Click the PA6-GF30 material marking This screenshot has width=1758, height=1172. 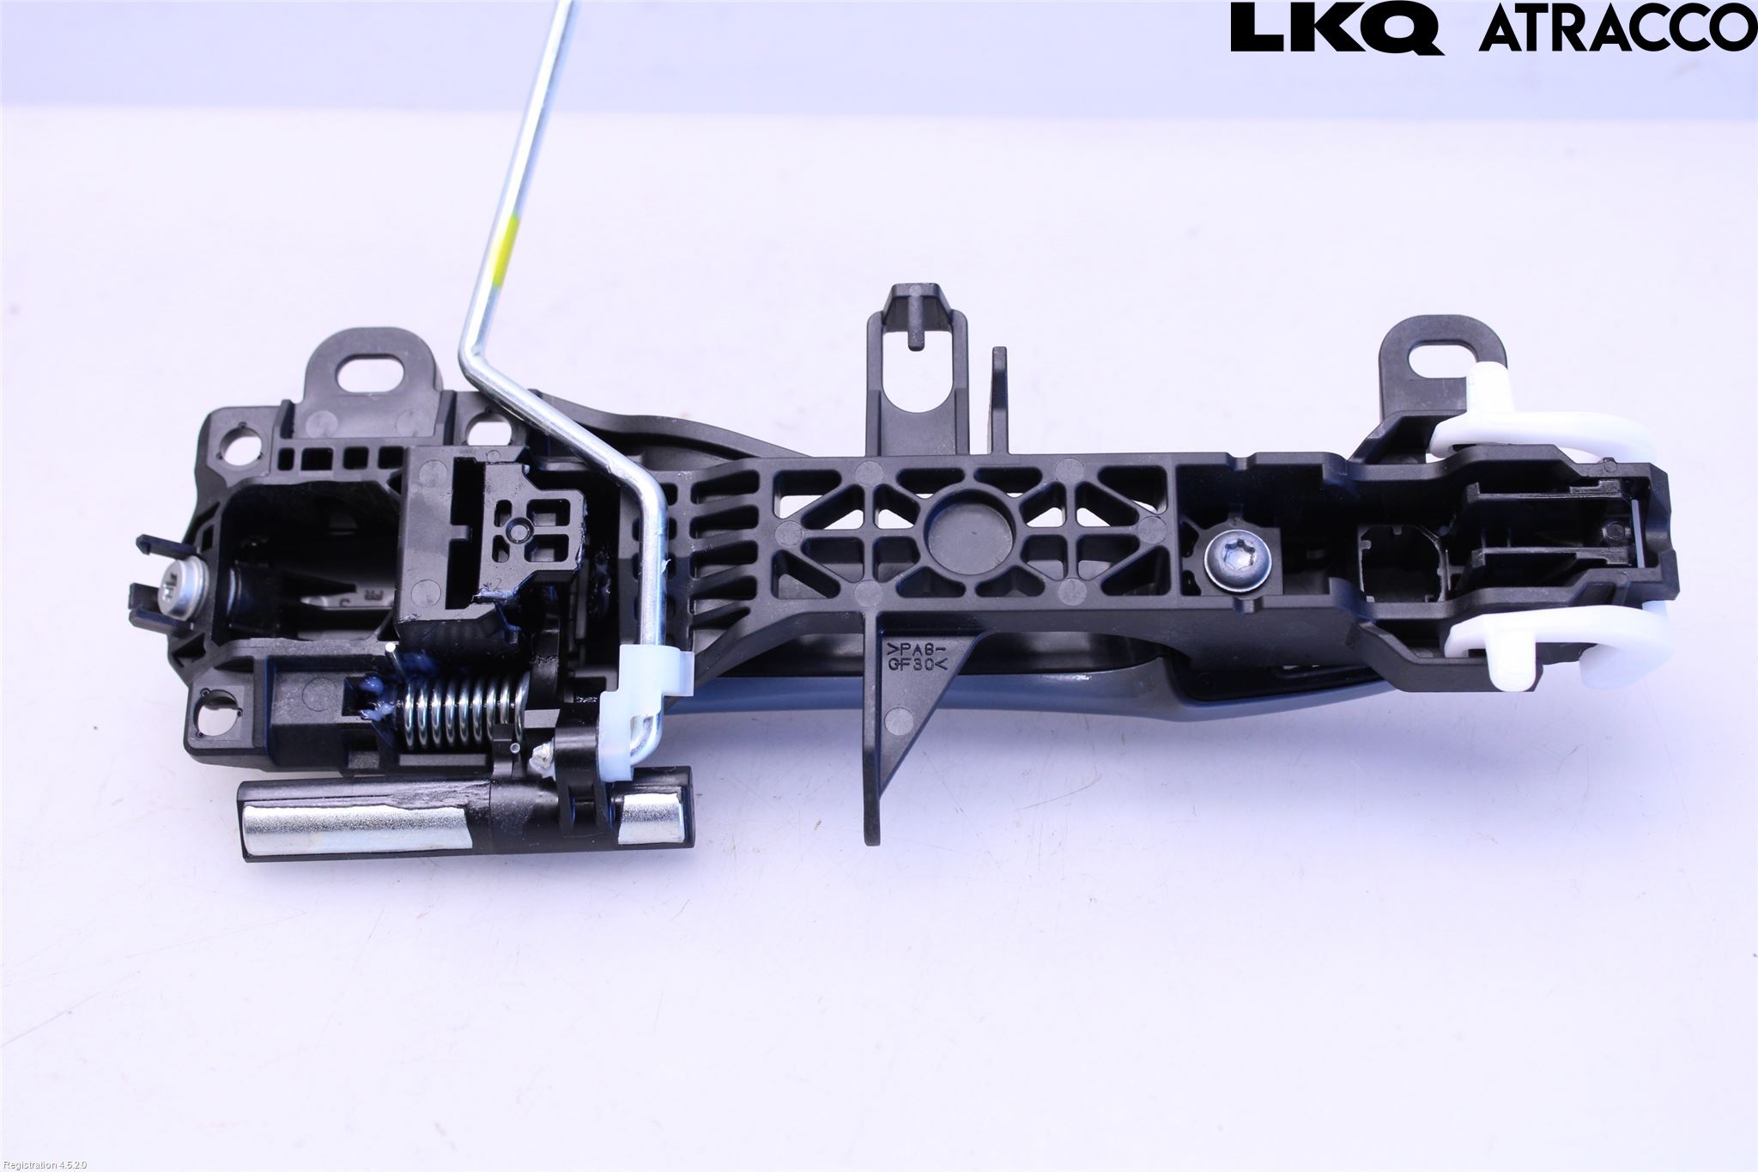[x=918, y=655]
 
